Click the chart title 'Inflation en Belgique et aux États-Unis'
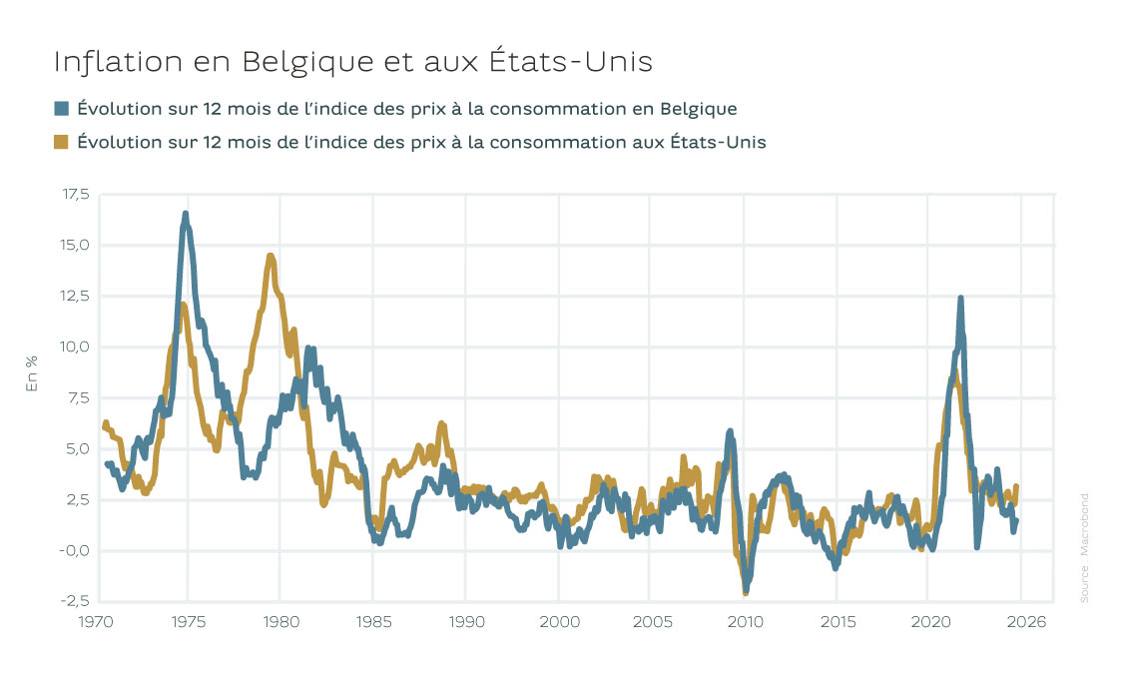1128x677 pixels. click(x=352, y=62)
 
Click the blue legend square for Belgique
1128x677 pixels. click(x=62, y=109)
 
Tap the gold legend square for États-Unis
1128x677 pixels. click(x=62, y=142)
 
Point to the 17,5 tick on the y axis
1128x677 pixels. click(x=75, y=194)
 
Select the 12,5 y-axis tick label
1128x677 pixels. click(x=75, y=296)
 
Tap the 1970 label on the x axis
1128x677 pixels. click(x=95, y=621)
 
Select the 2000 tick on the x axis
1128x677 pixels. click(x=558, y=621)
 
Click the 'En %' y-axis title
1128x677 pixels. click(x=31, y=372)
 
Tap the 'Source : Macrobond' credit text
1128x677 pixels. click(x=1084, y=547)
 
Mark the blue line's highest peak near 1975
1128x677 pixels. click(x=186, y=214)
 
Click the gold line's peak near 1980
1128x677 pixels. click(x=271, y=257)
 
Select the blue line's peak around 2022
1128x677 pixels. click(x=960, y=298)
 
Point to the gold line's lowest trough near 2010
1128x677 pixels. click(x=745, y=592)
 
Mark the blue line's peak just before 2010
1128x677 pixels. click(x=730, y=431)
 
